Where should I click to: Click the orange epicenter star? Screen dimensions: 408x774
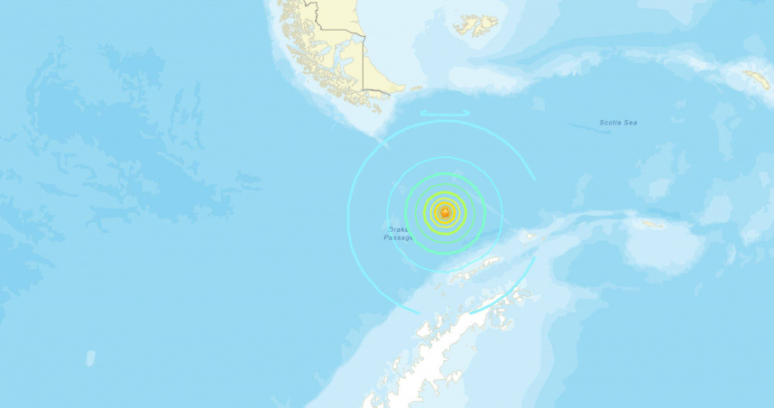443,213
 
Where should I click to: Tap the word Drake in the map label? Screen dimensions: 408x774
399,230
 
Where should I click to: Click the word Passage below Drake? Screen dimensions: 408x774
399,238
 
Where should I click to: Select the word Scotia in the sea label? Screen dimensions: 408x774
612,123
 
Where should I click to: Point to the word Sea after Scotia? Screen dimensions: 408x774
631,123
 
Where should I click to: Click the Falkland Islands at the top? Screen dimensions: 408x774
475,24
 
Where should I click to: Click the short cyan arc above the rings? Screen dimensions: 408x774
444,113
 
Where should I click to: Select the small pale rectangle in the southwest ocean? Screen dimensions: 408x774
90,358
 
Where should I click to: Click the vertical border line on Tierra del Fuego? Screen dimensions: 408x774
364,63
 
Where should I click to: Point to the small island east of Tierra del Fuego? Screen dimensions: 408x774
417,88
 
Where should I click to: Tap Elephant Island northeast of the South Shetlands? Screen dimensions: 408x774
530,238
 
